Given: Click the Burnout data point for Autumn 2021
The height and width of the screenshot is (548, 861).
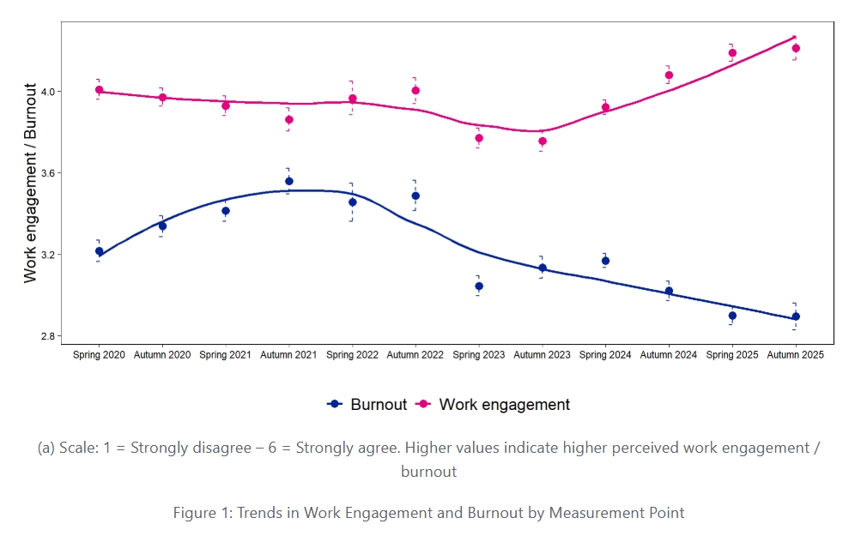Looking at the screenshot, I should (289, 181).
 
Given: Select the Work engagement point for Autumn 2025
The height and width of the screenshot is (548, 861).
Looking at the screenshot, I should (796, 48).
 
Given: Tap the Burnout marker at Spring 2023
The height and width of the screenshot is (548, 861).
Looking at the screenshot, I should (479, 286).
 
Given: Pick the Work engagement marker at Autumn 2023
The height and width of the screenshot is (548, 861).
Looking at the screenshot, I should (543, 141).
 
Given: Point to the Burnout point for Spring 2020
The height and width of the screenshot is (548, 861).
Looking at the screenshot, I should (100, 251).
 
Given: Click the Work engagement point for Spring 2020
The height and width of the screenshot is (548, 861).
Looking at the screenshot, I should (100, 90).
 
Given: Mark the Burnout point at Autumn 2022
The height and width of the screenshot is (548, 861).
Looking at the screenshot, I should (415, 196).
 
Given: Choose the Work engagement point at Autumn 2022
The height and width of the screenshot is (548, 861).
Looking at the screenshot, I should (415, 90).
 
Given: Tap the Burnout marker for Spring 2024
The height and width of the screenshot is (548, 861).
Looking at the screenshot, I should (606, 261).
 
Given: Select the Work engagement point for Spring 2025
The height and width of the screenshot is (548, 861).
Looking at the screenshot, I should (732, 53).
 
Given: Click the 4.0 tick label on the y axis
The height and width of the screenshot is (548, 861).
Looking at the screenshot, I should (48, 91).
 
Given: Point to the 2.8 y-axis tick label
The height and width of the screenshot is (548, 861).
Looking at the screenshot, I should (48, 336).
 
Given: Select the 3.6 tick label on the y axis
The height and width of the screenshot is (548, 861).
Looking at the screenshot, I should (48, 173).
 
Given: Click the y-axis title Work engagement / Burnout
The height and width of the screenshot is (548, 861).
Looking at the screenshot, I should (31, 183).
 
